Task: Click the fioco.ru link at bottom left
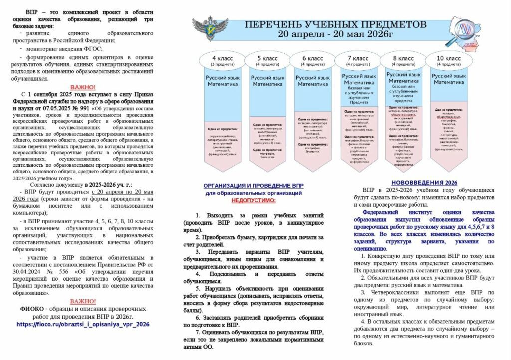tap(83, 324)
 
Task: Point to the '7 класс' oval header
tap(357, 60)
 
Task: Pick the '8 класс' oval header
tap(403, 60)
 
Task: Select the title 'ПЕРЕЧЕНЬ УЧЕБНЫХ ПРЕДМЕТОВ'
tap(335, 24)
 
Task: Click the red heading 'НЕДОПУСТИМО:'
tap(253, 200)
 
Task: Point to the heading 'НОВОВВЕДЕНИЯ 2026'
tap(424, 182)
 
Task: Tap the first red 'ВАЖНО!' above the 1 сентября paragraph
tap(83, 86)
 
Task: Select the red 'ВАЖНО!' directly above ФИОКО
tap(83, 301)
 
